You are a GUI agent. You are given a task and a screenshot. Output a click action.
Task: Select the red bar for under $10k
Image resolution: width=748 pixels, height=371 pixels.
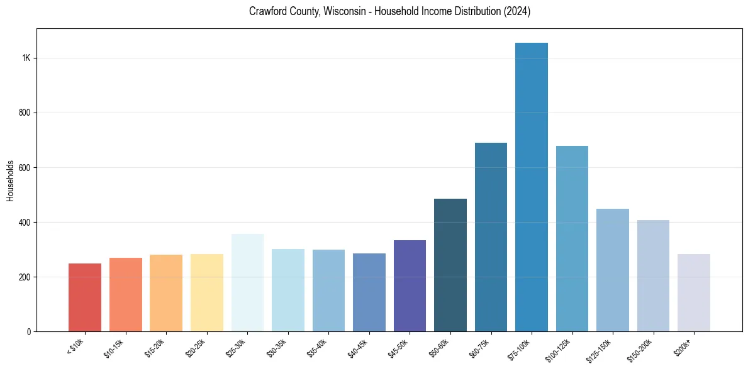pyautogui.click(x=85, y=297)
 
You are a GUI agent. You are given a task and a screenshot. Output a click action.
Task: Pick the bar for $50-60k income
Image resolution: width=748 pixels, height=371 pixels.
pyautogui.click(x=450, y=265)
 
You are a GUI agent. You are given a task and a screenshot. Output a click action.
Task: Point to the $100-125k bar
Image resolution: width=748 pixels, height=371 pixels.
pyautogui.click(x=572, y=238)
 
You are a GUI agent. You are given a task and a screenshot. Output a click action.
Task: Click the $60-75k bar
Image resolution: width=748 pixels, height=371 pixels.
pyautogui.click(x=491, y=237)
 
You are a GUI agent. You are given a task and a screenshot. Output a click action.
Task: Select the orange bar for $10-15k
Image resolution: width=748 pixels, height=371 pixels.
pyautogui.click(x=126, y=294)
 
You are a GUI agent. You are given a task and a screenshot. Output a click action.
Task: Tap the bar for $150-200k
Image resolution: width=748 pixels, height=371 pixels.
pyautogui.click(x=653, y=275)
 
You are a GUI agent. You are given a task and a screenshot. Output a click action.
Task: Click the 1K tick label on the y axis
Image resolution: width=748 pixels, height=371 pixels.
pyautogui.click(x=26, y=58)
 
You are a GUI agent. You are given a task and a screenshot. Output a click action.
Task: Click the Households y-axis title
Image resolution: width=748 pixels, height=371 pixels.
pyautogui.click(x=11, y=180)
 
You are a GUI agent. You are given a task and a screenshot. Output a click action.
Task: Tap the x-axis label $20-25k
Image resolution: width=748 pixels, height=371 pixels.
pyautogui.click(x=196, y=348)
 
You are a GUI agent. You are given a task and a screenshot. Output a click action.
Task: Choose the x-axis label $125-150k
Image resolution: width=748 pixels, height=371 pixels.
pyautogui.click(x=599, y=350)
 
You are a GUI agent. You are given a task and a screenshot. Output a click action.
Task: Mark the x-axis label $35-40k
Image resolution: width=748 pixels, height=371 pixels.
pyautogui.click(x=318, y=348)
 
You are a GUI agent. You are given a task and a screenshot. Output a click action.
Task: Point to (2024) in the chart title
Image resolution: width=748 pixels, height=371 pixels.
pyautogui.click(x=516, y=12)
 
